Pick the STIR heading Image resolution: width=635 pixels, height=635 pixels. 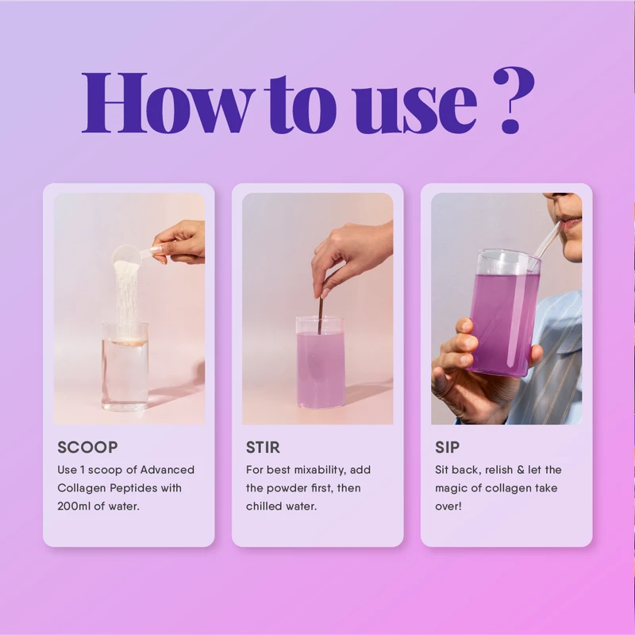(x=263, y=448)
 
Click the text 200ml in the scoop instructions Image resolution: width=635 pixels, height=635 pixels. (x=77, y=506)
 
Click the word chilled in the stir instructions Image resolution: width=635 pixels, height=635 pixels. (x=266, y=506)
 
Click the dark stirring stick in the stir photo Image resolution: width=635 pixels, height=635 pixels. (x=321, y=310)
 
